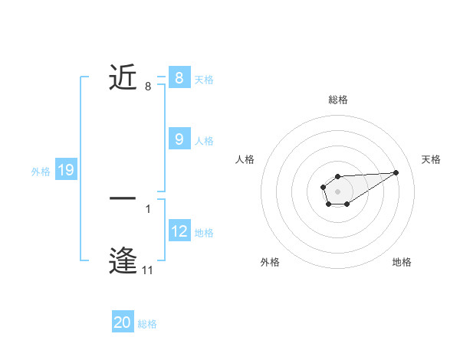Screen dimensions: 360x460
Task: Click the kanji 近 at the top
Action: [x=123, y=77]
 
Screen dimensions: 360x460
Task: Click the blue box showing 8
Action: [x=179, y=78]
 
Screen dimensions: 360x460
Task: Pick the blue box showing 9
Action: [x=179, y=139]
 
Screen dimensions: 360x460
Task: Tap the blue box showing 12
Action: [x=179, y=231]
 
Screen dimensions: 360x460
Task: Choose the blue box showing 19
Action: [x=66, y=170]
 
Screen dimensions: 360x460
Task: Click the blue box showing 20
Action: [x=123, y=322]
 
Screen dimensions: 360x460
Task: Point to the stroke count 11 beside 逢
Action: [x=148, y=270]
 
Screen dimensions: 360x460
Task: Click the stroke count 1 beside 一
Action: [x=148, y=208]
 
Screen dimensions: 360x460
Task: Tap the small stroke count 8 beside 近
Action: [x=148, y=87]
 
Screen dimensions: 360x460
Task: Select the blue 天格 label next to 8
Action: [x=204, y=79]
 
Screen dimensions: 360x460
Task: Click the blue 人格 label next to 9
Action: [x=204, y=140]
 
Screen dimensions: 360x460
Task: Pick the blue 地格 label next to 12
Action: [x=204, y=232]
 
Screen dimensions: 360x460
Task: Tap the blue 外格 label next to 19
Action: [x=41, y=172]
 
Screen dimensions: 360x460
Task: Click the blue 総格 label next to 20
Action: [x=148, y=324]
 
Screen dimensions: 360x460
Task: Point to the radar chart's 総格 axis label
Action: [x=338, y=100]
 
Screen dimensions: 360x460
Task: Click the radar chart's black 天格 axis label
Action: [x=431, y=159]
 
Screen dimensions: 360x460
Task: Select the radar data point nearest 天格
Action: [x=396, y=172]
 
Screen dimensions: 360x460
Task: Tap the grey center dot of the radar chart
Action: [x=337, y=191]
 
